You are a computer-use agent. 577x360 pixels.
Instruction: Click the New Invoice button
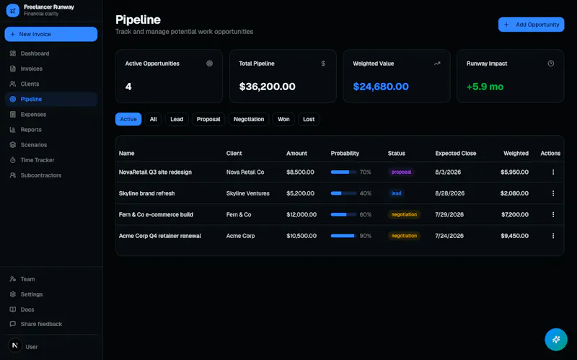coord(50,34)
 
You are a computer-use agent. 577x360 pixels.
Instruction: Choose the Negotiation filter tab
coord(249,119)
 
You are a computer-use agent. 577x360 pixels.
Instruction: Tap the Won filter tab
coord(283,119)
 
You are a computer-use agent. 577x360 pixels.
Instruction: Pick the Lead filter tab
coord(177,119)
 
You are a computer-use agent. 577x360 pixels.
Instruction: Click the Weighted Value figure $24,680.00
coord(381,87)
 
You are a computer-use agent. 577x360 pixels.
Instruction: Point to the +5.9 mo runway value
coord(485,87)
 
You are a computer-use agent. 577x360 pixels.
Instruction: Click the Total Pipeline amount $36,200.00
coord(267,87)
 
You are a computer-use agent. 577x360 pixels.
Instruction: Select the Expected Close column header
coord(456,153)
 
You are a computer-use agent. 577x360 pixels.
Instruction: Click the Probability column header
coord(345,153)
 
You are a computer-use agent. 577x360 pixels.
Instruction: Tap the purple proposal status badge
coord(401,172)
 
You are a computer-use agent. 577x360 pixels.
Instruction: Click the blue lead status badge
coord(396,193)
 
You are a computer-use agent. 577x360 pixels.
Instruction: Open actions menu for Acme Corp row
coord(553,236)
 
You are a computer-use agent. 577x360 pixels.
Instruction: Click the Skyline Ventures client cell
coord(247,193)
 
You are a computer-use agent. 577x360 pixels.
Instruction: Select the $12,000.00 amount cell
coord(301,214)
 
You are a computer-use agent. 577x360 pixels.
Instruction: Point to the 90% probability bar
coord(343,236)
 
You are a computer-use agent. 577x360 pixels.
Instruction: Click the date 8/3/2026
coord(448,172)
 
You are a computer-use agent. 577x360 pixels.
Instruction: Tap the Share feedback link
coord(35,324)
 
